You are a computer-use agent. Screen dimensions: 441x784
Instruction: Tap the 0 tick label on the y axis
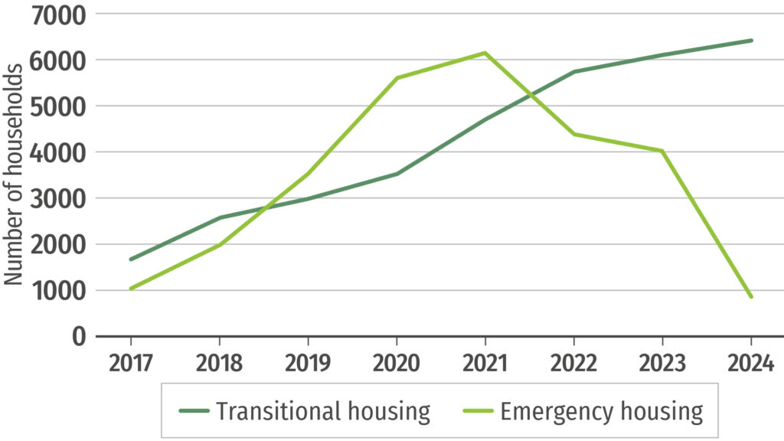tap(80, 337)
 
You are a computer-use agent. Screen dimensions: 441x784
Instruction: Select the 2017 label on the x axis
tap(131, 362)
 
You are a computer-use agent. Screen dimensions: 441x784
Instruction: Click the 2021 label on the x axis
tap(485, 362)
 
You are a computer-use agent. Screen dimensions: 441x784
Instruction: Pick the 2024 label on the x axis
tap(750, 362)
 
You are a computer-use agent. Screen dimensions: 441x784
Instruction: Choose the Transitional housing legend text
tap(323, 411)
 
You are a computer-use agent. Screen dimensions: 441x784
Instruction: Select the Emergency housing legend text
tap(601, 411)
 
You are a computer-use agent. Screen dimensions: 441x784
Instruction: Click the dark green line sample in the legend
tap(194, 412)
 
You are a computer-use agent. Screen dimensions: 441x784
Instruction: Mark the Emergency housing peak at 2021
tap(485, 53)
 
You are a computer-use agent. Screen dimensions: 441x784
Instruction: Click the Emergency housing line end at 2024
tap(751, 297)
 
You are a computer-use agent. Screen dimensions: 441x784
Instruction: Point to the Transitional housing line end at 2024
tap(751, 41)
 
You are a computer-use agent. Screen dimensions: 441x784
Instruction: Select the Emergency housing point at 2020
tap(397, 78)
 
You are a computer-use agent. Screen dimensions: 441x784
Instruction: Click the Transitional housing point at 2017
tap(131, 260)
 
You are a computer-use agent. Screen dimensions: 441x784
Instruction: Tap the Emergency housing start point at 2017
tap(131, 289)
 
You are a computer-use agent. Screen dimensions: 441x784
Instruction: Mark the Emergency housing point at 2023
tap(662, 151)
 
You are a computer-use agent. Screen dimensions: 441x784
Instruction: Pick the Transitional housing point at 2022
tap(573, 72)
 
